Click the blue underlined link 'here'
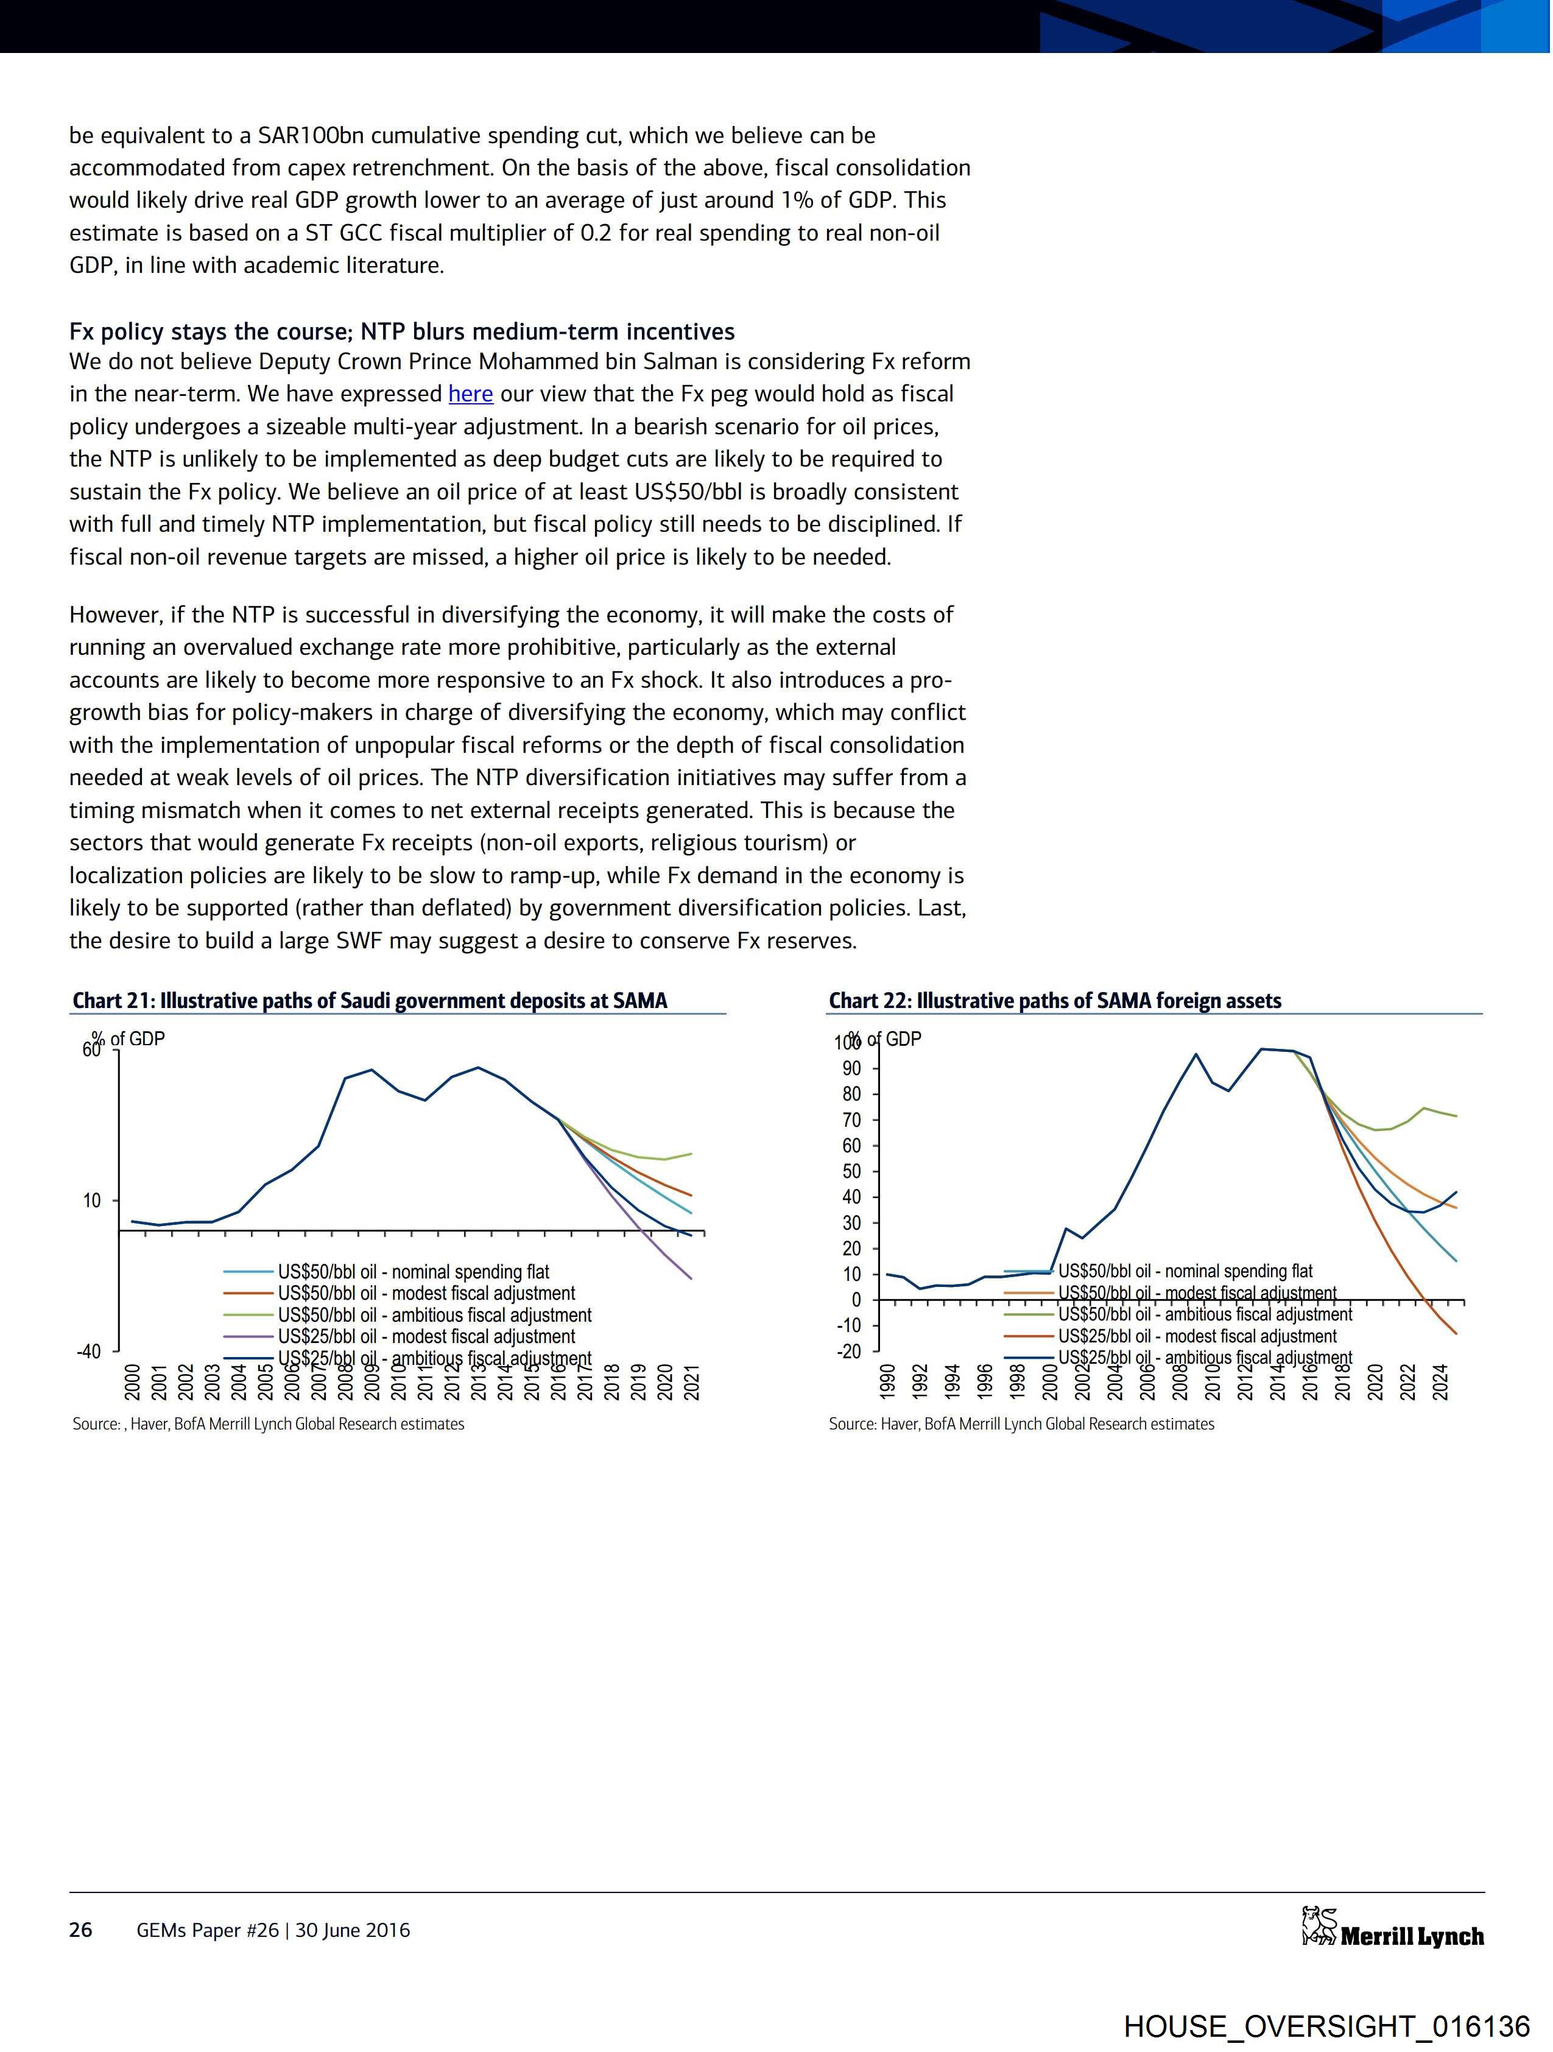point(470,394)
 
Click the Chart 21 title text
point(369,1001)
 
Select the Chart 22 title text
point(1055,1001)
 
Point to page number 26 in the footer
point(81,1930)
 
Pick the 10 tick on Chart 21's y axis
point(92,1201)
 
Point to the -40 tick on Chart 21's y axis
point(89,1352)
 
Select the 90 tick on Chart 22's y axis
point(851,1069)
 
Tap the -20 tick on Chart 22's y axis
point(849,1352)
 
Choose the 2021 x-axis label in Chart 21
point(691,1382)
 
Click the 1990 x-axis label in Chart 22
point(887,1382)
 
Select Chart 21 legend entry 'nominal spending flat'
point(414,1272)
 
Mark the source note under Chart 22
point(1021,1424)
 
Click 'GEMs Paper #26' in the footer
point(207,1930)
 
